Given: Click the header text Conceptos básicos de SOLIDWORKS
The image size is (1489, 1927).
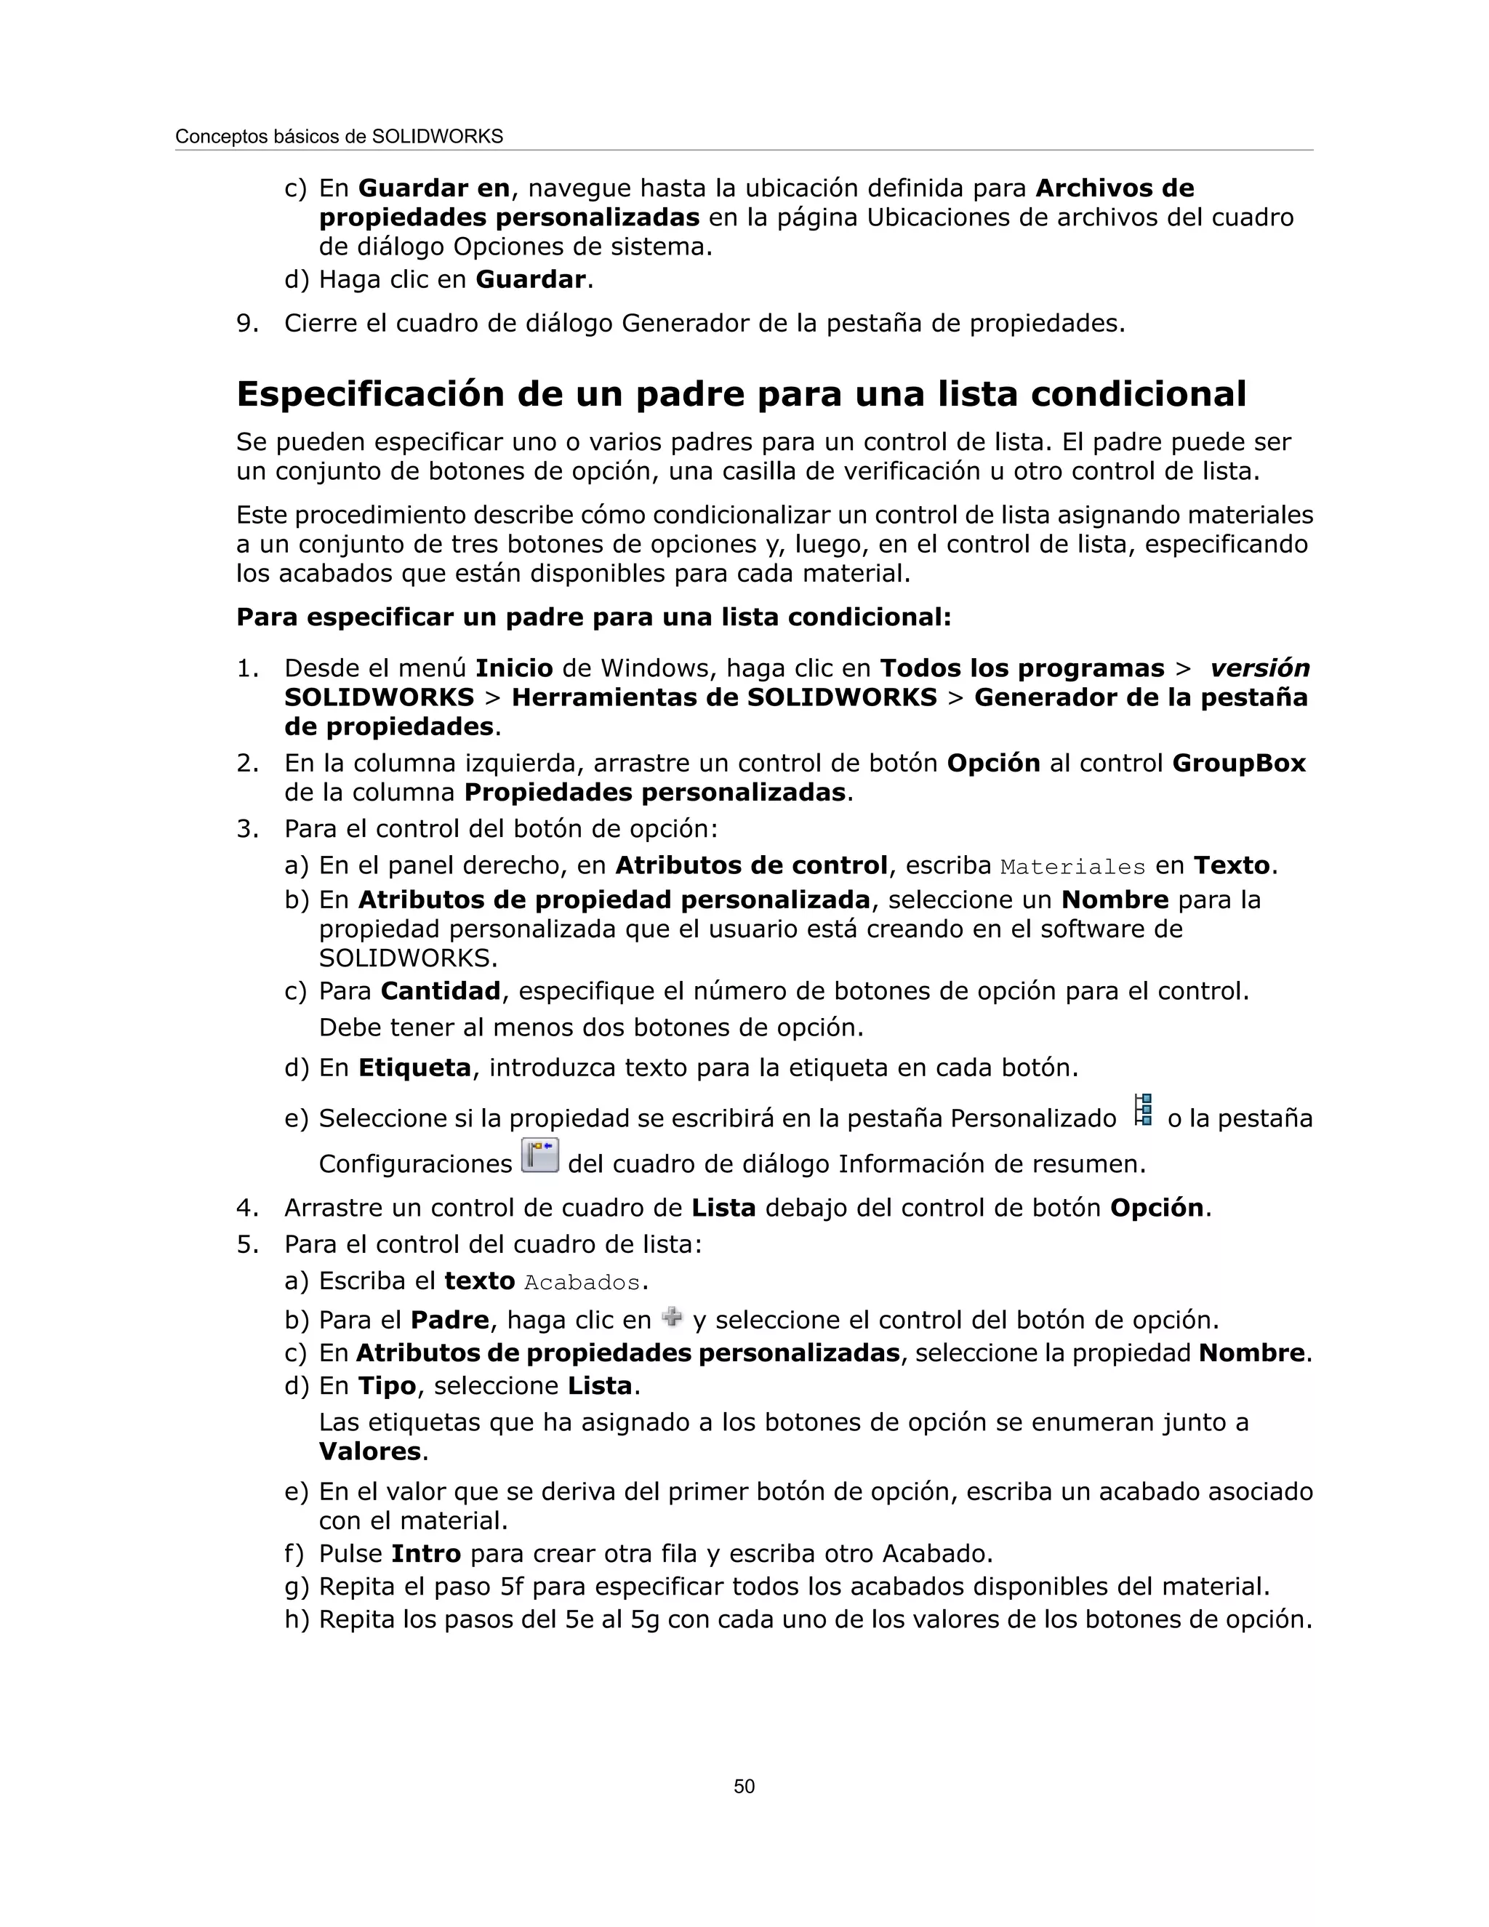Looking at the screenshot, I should point(339,137).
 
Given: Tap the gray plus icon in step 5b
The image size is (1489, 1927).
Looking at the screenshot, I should point(671,1318).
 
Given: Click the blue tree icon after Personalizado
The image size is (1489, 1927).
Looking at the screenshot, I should point(1143,1110).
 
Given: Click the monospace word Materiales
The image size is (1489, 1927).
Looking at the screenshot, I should point(1072,868).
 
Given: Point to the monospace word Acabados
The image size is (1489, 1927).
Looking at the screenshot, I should point(582,1283).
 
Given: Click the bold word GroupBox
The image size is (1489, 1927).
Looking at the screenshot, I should point(1238,764).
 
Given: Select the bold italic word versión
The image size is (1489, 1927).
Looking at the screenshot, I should point(1260,668).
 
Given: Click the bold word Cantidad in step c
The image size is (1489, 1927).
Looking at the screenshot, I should point(440,991).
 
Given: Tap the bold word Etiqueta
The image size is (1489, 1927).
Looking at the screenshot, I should point(414,1067).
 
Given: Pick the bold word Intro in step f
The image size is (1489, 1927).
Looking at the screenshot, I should point(426,1553).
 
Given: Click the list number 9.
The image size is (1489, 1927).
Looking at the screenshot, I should point(246,324).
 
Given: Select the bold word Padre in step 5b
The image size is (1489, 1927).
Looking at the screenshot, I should point(450,1320).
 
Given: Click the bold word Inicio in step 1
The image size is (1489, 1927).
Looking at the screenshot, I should point(514,668).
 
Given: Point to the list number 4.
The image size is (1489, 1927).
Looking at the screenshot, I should point(246,1208).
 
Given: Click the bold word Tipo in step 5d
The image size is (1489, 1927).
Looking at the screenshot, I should point(386,1385).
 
